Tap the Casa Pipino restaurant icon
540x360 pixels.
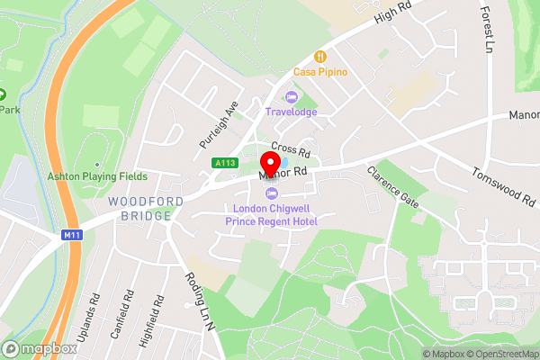[x=319, y=56]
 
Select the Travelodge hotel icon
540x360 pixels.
[x=290, y=97]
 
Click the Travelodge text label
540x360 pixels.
[x=291, y=112]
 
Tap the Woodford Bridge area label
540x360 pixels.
[x=139, y=209]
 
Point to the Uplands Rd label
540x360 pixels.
[x=93, y=308]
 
